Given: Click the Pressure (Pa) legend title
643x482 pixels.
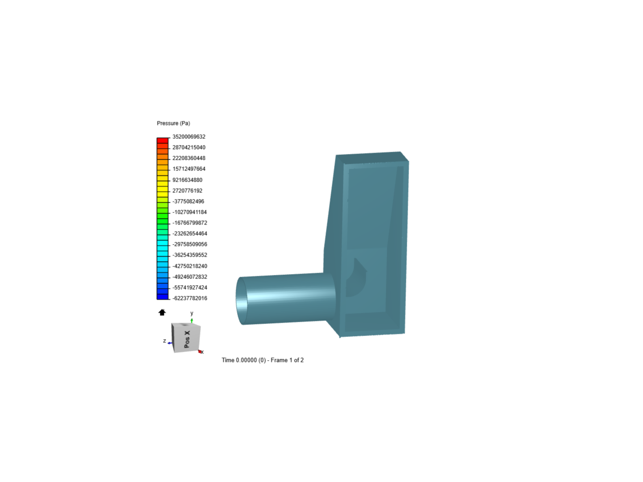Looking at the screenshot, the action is point(173,123).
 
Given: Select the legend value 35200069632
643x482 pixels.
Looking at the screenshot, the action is point(189,137).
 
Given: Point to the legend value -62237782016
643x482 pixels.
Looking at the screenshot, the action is point(190,298).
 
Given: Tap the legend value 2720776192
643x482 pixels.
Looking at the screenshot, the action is point(188,191).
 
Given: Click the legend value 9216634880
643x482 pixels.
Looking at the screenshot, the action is point(188,180).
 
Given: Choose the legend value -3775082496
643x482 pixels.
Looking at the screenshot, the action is point(188,201).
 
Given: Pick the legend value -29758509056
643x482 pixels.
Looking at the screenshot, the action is point(190,244).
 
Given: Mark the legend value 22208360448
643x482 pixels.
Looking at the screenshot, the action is point(189,158).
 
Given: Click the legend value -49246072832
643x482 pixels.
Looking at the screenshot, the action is point(190,277).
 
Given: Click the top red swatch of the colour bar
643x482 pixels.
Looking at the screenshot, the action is point(163,141).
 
